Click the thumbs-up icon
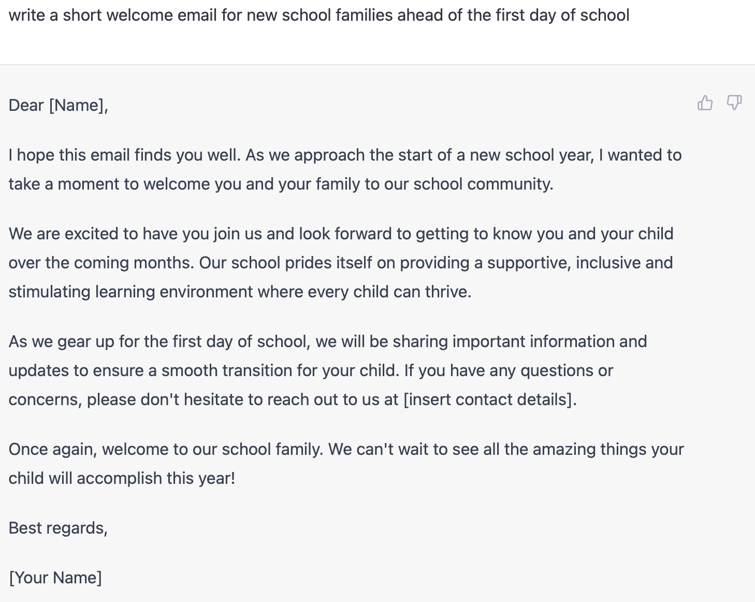[x=705, y=103]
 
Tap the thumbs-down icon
[x=734, y=103]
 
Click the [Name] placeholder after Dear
[x=78, y=105]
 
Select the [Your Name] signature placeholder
[x=55, y=578]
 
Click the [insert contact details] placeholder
[x=489, y=399]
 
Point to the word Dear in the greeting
[x=26, y=105]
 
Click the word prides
[x=308, y=263]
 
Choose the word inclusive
[x=608, y=263]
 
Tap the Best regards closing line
[x=58, y=528]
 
